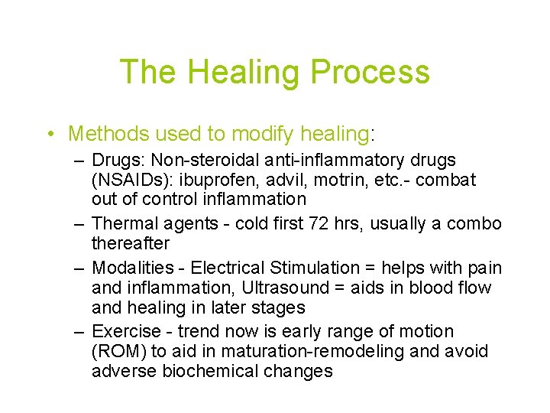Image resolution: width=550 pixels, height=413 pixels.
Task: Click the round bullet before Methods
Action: pyautogui.click(x=50, y=135)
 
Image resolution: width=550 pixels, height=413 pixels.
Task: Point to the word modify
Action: pyautogui.click(x=260, y=134)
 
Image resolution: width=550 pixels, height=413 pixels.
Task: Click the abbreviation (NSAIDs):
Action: pyautogui.click(x=129, y=180)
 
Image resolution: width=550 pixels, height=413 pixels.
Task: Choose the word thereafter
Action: pyautogui.click(x=131, y=244)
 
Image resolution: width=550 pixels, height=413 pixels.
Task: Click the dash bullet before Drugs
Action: pyautogui.click(x=79, y=161)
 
